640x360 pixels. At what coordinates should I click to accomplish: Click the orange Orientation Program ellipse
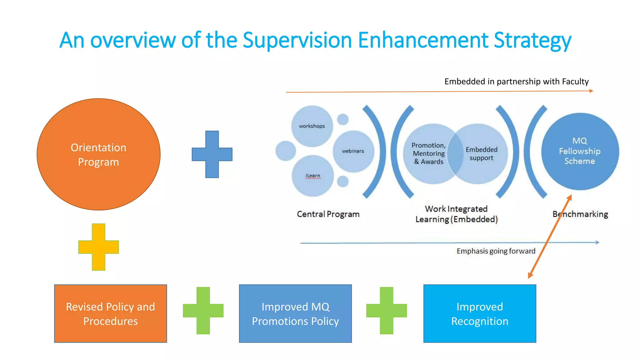tap(98, 154)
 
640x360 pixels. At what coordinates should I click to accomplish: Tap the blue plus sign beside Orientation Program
tap(212, 154)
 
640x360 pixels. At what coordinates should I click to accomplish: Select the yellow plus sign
tap(98, 247)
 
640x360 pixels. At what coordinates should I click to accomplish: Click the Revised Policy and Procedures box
tap(110, 313)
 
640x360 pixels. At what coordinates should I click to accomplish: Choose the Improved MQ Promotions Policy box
tap(295, 313)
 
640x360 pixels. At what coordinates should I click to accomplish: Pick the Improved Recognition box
tap(480, 313)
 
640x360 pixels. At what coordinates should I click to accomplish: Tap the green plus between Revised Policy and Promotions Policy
tap(203, 311)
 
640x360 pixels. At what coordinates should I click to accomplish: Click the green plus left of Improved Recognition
tap(387, 311)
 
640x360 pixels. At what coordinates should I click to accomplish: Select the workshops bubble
tap(312, 126)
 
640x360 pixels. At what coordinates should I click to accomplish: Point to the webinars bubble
tap(353, 151)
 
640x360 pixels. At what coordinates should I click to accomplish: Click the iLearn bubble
tap(313, 176)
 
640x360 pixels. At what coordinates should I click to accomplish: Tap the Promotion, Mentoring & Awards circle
tap(428, 153)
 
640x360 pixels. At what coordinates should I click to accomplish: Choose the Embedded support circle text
tap(482, 154)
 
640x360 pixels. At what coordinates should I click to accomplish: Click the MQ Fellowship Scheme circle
tap(580, 151)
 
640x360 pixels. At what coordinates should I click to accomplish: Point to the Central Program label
tap(328, 214)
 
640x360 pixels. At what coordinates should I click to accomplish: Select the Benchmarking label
tap(580, 214)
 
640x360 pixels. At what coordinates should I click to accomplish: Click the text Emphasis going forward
tap(496, 251)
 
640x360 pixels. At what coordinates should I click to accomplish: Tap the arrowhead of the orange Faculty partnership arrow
tap(591, 91)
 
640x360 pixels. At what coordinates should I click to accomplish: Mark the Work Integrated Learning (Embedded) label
tap(456, 214)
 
